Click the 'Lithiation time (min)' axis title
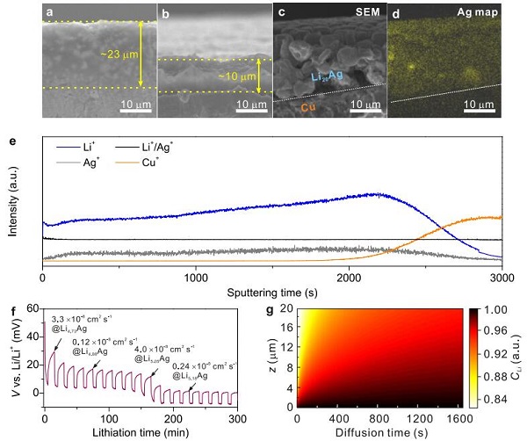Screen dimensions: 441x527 (x=145, y=432)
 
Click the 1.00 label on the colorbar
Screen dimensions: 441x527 (x=498, y=310)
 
